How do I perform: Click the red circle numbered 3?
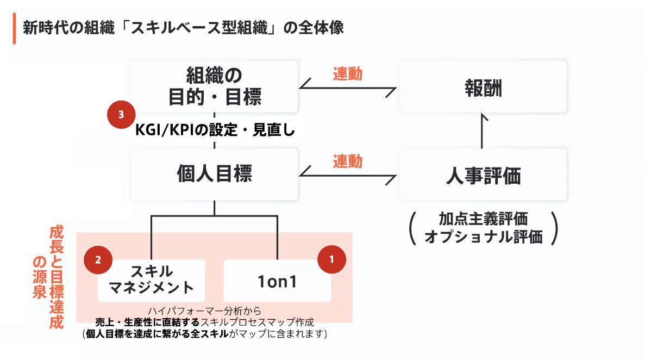pos(121,115)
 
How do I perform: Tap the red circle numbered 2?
pos(98,260)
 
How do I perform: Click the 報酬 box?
pos(483,88)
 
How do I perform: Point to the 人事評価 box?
pos(483,176)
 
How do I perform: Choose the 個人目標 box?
pos(215,175)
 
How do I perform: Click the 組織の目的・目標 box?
pos(215,85)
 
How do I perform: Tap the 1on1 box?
pos(277,281)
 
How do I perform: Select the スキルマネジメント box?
pos(151,280)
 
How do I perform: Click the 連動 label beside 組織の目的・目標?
pos(348,73)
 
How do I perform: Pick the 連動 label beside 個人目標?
pos(348,162)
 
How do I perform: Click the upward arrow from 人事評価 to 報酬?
pos(482,131)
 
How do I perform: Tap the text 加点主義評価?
pos(483,219)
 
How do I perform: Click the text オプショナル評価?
pos(483,237)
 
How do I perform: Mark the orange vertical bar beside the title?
pos(14,28)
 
